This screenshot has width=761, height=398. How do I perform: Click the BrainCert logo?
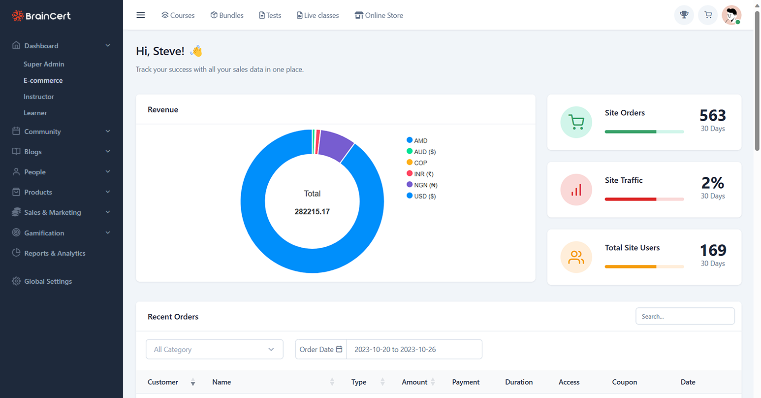41,16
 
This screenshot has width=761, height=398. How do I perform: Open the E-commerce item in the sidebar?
43,80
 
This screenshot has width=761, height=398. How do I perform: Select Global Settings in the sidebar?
48,281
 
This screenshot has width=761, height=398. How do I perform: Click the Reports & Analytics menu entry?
55,253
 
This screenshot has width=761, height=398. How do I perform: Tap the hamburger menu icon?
141,15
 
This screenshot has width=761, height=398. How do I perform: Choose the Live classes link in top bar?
317,15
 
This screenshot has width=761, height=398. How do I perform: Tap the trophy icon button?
684,15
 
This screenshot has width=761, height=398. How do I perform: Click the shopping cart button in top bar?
708,15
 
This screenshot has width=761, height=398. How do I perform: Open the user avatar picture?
731,15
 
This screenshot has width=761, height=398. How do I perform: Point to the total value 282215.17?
312,212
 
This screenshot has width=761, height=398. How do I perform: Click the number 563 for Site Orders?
712,115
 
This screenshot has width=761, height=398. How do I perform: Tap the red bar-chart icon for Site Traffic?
576,190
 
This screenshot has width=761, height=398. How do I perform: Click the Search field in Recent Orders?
685,316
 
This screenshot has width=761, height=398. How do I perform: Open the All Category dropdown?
214,349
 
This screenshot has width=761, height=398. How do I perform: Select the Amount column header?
414,382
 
